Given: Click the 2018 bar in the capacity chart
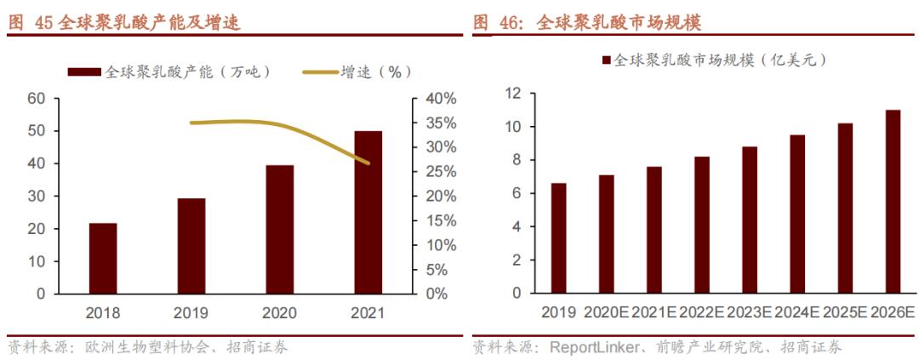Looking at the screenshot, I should click(x=103, y=258).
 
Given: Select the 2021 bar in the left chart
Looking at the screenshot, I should click(x=368, y=212).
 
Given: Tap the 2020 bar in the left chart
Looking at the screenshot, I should click(x=279, y=229).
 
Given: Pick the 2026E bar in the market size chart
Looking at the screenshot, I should click(x=893, y=202).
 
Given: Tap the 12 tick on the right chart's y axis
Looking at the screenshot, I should click(x=512, y=94).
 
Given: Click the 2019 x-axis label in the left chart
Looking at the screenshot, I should click(x=191, y=312).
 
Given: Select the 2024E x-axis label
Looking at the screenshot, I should click(x=797, y=312).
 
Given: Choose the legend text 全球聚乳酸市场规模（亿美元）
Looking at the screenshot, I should click(x=720, y=60).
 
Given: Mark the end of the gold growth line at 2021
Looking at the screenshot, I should click(x=368, y=163).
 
